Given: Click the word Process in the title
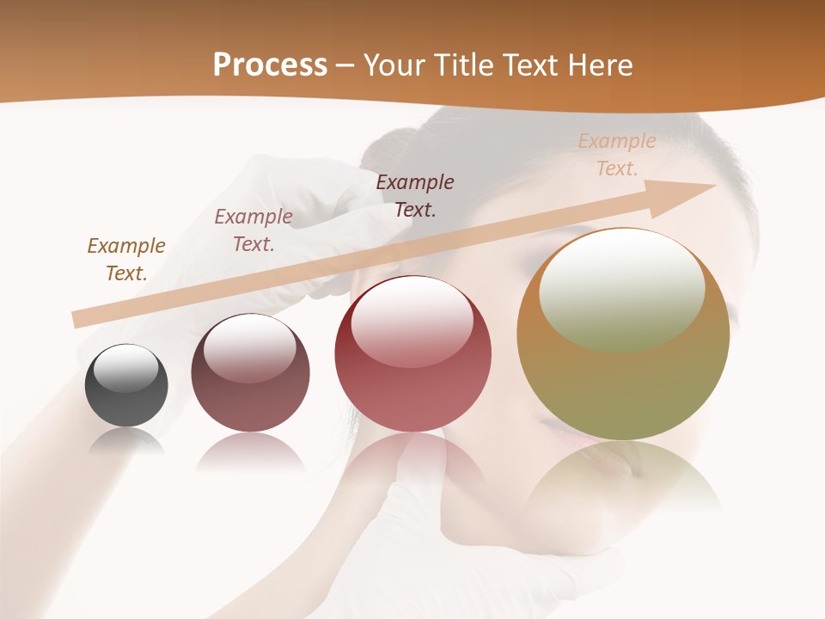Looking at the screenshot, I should (270, 64).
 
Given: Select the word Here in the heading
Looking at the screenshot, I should (598, 64).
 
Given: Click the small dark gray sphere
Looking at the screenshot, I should (126, 386).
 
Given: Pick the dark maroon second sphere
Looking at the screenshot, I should (250, 373).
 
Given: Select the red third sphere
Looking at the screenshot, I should (413, 354).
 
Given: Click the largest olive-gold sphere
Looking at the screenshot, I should (623, 335).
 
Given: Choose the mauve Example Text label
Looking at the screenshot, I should (254, 230).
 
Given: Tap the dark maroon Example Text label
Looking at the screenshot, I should (415, 195).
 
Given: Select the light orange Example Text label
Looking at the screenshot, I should (617, 155).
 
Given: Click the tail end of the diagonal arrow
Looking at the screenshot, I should (80, 319).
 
